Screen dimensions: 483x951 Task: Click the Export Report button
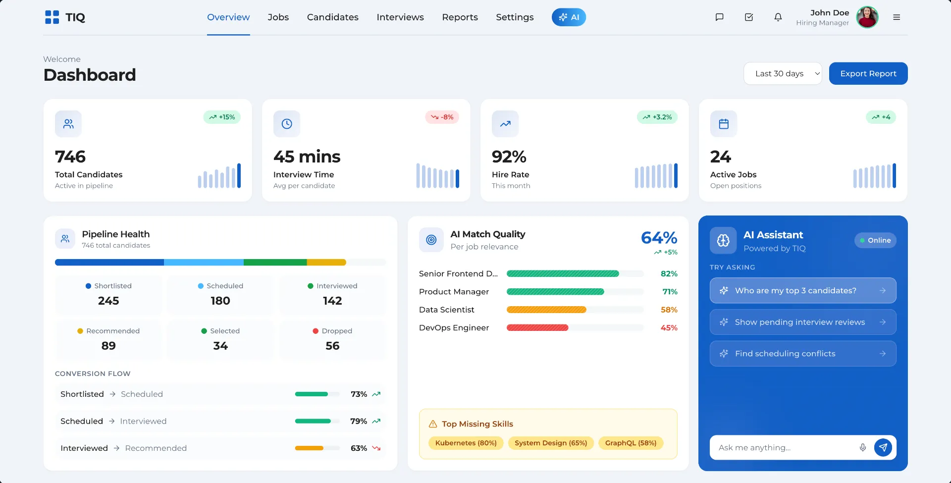pos(868,73)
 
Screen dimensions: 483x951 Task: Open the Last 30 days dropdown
pos(782,73)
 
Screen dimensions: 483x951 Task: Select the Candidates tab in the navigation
pos(332,17)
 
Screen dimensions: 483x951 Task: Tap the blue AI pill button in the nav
pos(569,17)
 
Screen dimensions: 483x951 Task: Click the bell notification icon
pos(778,17)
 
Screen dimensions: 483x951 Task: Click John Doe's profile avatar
pos(867,17)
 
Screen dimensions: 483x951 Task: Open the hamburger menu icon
pos(896,17)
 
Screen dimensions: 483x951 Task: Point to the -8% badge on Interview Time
pos(442,117)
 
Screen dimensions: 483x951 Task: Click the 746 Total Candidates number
pos(70,157)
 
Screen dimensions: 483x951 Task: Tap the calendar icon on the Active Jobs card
pos(723,124)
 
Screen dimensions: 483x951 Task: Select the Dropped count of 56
pos(332,346)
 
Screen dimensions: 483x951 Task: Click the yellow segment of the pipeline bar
pos(326,263)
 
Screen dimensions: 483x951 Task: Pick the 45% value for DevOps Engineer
pos(669,328)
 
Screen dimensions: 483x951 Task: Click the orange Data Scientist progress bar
pos(546,310)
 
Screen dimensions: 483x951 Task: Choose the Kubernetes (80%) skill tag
pos(466,443)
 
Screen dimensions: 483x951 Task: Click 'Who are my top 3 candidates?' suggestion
pos(802,291)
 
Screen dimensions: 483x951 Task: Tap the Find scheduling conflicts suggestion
pos(802,354)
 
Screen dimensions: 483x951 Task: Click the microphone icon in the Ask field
pos(862,447)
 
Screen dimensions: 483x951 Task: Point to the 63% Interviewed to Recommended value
pos(359,448)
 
